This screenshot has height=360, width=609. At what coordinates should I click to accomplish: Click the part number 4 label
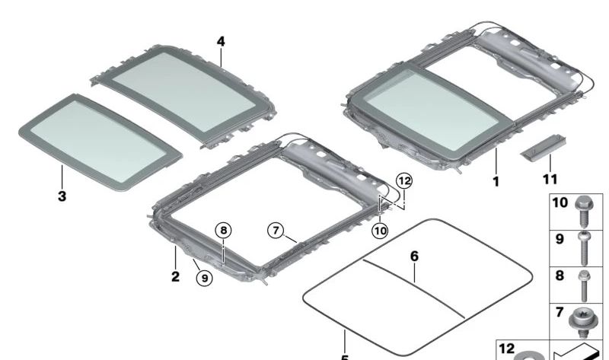coord(221,40)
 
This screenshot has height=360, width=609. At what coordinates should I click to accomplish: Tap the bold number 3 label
coord(62,196)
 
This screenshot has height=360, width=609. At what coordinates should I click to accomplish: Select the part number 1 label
coord(496,182)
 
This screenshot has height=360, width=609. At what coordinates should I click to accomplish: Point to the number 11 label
coord(550,179)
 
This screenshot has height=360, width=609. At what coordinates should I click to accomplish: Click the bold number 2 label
coord(175,277)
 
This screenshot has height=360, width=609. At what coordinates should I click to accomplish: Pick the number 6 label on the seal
coord(414,256)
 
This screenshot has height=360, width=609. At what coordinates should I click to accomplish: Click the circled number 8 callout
coord(222,229)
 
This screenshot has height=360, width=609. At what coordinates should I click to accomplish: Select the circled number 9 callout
coord(204,279)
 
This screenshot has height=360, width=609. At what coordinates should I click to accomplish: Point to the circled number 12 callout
coord(403,180)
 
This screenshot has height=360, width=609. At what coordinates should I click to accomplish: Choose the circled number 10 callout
coord(380,229)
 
